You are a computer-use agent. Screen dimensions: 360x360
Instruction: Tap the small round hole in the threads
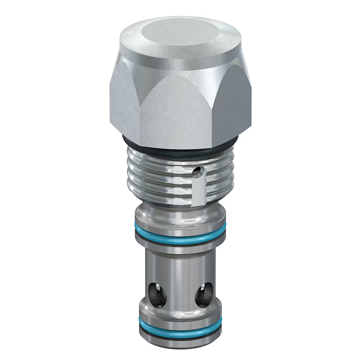196,173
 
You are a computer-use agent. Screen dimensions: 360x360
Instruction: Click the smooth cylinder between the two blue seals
180,266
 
